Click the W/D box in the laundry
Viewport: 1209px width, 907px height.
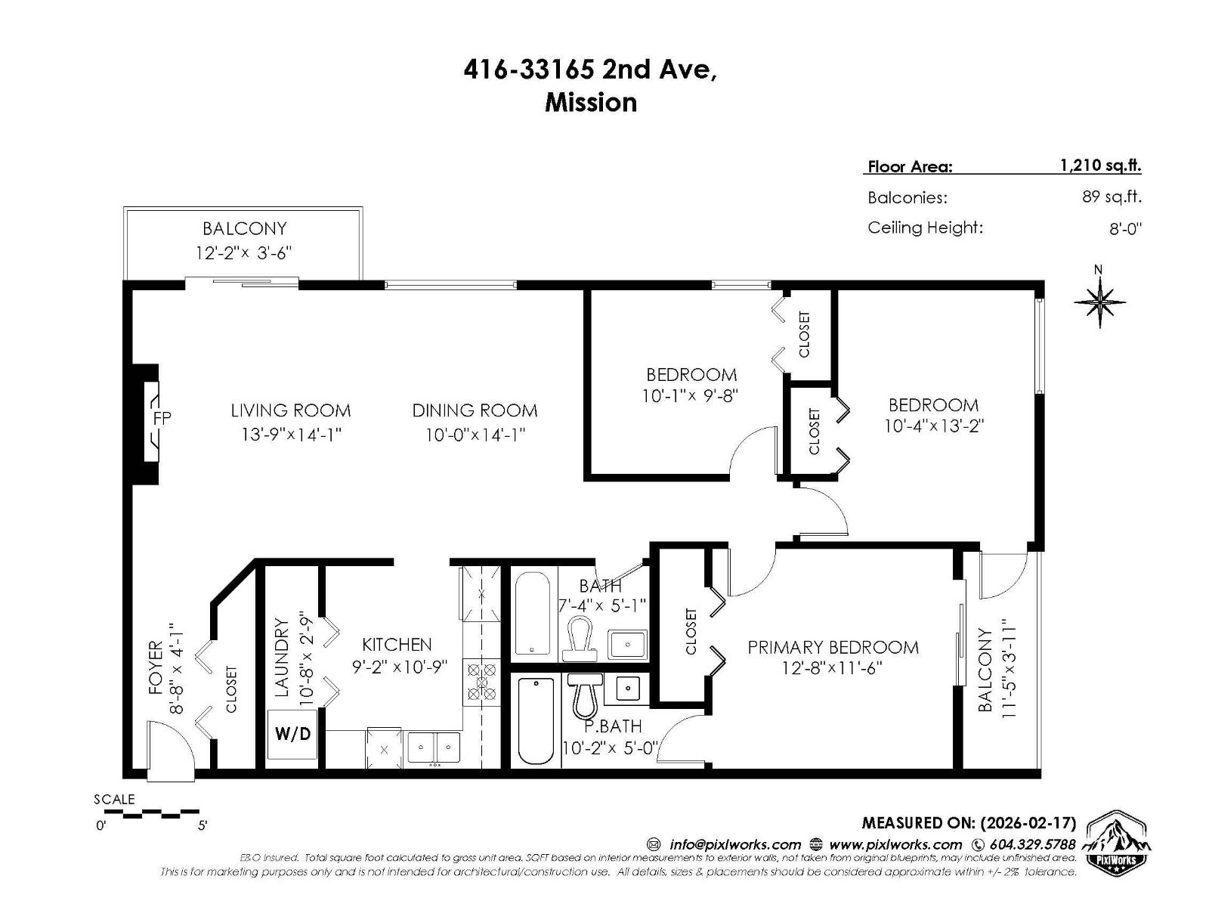click(x=292, y=734)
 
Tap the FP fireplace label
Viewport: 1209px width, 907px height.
click(x=162, y=417)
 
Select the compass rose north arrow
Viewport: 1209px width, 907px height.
click(x=1099, y=302)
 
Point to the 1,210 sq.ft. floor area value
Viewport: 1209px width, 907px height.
click(x=1100, y=166)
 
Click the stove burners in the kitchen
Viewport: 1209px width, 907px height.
click(x=481, y=681)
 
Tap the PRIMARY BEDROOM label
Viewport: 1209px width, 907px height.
click(x=833, y=647)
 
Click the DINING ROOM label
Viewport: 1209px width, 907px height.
click(x=475, y=410)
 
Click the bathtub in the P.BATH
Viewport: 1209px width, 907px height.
click(x=536, y=721)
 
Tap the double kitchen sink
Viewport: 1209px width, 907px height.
click(x=434, y=748)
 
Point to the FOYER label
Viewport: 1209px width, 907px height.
click(x=156, y=667)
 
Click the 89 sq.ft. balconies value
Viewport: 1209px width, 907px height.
click(x=1111, y=197)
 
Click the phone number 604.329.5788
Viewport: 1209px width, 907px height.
click(x=1031, y=844)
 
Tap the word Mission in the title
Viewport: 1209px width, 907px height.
click(x=591, y=102)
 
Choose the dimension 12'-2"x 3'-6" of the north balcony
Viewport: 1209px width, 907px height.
click(x=243, y=252)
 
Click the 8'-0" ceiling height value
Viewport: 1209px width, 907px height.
click(x=1124, y=228)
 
